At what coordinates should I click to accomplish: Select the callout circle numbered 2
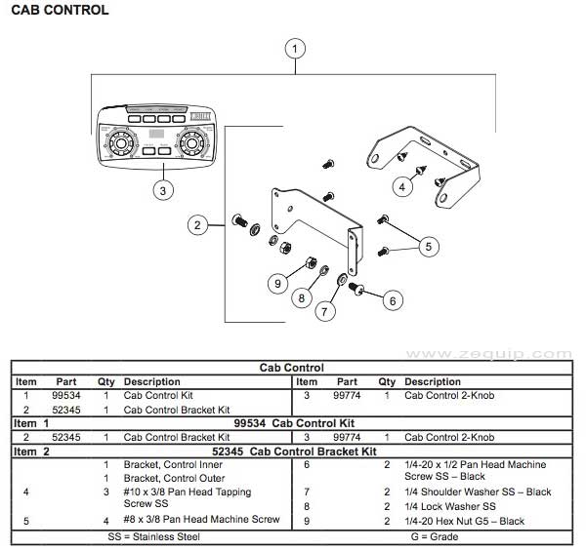[x=197, y=225]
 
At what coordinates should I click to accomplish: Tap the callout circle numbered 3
[x=164, y=190]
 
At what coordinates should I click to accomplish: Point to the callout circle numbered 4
[x=400, y=184]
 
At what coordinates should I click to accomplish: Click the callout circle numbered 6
[x=392, y=300]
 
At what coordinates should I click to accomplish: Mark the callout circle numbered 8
[x=302, y=298]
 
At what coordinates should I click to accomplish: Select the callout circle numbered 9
[x=278, y=283]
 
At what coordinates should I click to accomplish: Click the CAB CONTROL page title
[x=60, y=11]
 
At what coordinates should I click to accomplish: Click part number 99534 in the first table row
[x=66, y=396]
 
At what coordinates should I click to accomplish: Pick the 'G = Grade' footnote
[x=437, y=536]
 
